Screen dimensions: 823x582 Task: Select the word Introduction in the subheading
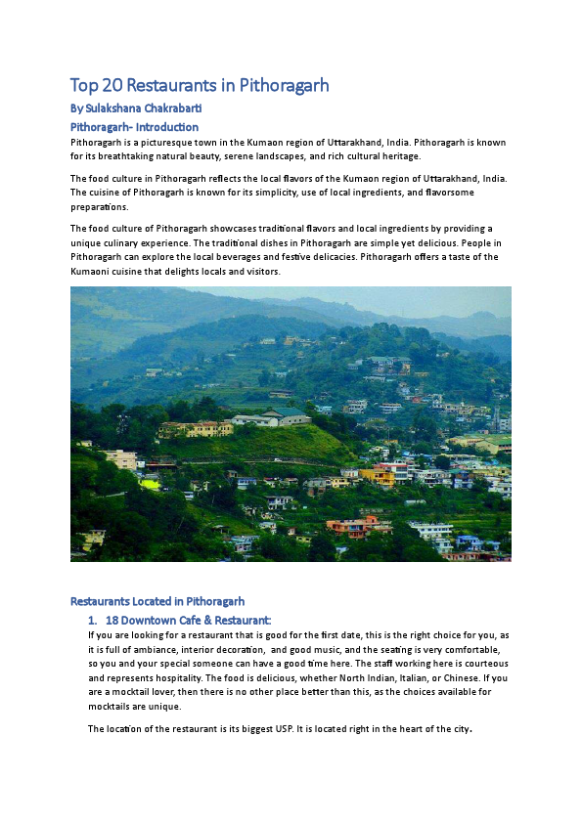point(166,127)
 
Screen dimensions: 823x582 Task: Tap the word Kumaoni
point(94,271)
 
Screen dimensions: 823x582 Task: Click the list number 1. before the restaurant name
point(93,620)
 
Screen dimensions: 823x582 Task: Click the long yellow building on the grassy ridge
point(196,428)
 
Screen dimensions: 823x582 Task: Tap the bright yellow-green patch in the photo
point(150,483)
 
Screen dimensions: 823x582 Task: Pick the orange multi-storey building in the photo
point(381,476)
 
